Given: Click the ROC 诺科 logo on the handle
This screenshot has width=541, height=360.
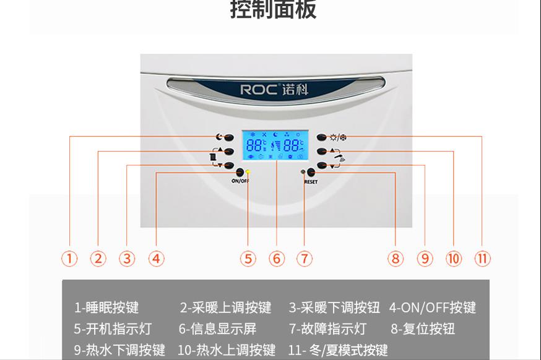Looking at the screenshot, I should click(274, 89).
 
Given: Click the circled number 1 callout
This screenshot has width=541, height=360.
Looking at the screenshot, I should click(69, 259).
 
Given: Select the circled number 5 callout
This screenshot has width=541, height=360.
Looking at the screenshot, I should click(248, 259).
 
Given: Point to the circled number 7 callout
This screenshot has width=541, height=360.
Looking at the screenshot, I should click(305, 259).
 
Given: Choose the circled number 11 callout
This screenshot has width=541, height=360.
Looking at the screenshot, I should click(482, 259).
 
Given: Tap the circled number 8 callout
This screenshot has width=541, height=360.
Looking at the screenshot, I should click(396, 259).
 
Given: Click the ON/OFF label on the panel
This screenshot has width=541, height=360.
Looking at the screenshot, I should click(240, 182).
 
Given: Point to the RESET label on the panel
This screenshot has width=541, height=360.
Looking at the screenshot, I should click(311, 182).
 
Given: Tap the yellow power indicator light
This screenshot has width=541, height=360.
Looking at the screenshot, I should click(248, 173).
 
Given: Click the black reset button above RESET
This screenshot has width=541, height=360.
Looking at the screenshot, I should click(311, 173).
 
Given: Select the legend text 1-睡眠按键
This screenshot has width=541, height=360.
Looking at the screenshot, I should click(106, 307).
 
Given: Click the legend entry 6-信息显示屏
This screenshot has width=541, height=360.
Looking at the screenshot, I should click(217, 329).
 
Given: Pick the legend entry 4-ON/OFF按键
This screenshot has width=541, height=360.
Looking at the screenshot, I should click(432, 307).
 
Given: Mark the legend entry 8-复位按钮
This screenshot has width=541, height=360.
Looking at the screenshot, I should click(422, 329).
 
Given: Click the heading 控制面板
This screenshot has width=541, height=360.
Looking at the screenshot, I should click(273, 9).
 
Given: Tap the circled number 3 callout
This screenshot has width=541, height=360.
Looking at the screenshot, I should click(127, 259).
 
